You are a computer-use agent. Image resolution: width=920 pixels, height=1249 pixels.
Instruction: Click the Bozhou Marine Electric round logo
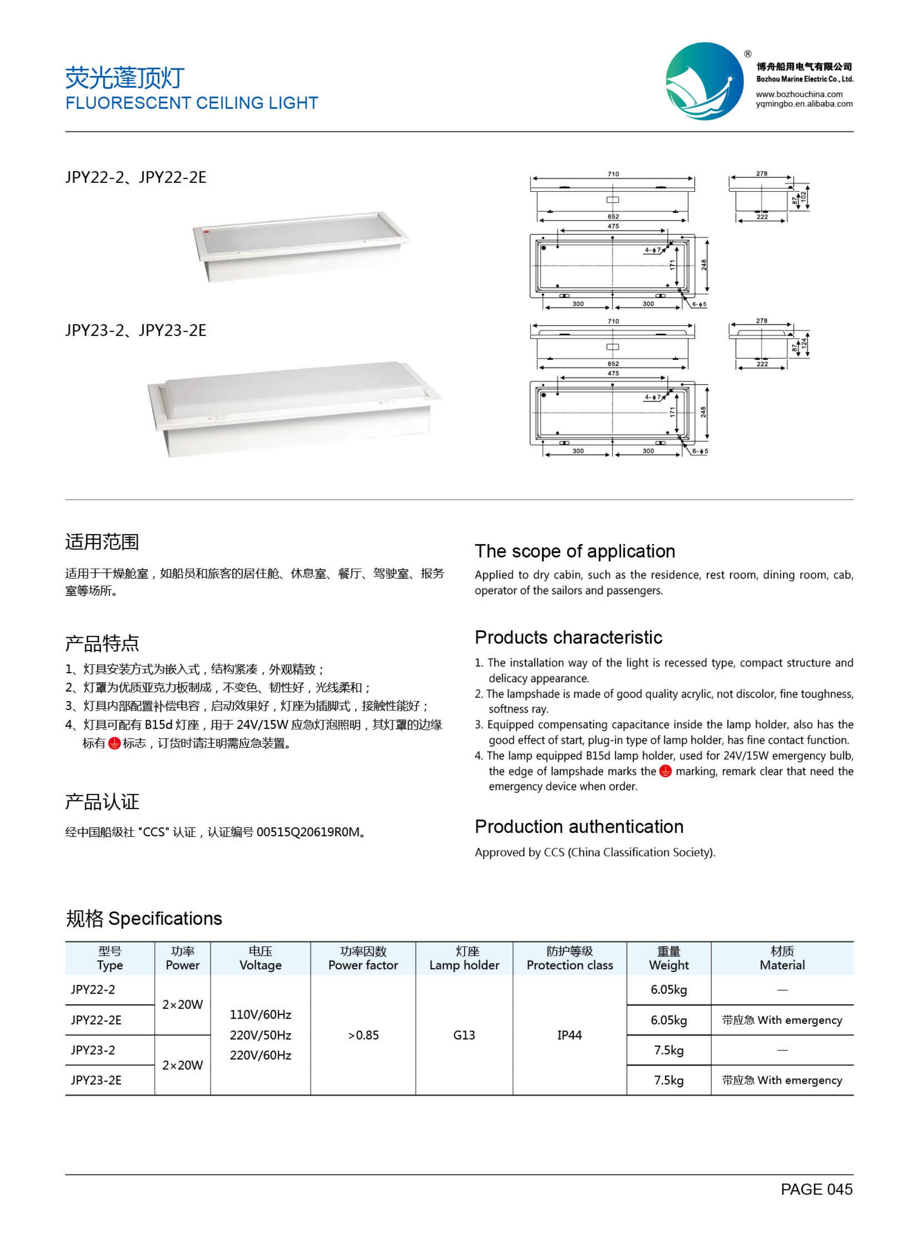[705, 81]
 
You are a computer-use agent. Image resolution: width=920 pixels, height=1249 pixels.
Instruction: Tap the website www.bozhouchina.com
[799, 94]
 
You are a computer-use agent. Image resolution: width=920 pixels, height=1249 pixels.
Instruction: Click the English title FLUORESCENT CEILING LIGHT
[192, 103]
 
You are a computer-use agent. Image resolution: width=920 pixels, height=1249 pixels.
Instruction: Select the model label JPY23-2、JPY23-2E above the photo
[135, 331]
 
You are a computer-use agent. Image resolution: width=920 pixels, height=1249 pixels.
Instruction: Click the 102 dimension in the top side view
[803, 197]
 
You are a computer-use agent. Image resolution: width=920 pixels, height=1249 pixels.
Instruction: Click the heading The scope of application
[575, 551]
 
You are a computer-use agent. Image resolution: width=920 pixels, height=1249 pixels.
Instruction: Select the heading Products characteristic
[568, 637]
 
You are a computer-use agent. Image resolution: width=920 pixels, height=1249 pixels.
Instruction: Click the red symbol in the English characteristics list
[665, 771]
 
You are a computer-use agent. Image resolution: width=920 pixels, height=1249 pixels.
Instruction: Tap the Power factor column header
[363, 965]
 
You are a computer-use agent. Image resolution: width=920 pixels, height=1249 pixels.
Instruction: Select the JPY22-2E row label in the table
[96, 1020]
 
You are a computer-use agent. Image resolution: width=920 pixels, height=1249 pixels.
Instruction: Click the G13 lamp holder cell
[464, 1035]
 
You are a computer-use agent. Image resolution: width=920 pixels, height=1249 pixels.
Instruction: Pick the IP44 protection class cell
[569, 1035]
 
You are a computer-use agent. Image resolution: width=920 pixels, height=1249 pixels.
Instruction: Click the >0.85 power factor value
[363, 1035]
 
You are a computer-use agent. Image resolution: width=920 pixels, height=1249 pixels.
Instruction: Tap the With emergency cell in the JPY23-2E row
[782, 1080]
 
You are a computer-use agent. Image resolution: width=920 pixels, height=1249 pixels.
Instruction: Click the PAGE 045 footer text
[816, 1189]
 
